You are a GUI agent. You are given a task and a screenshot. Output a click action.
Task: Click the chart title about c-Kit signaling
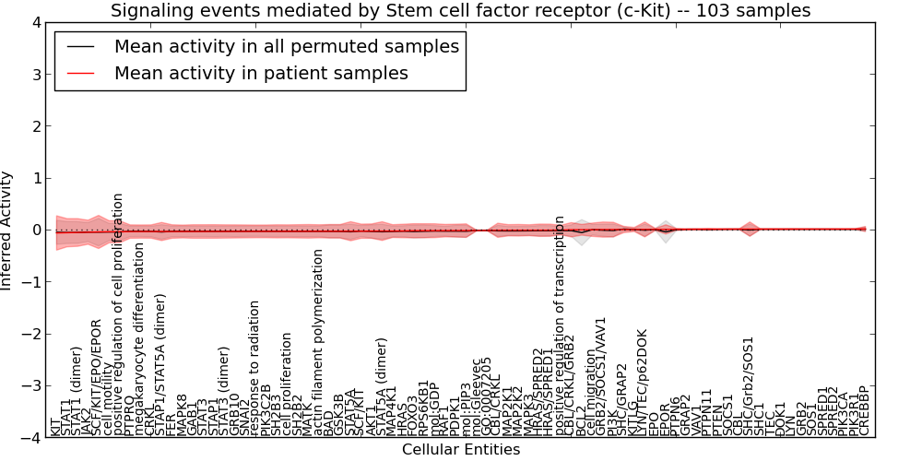click(x=460, y=10)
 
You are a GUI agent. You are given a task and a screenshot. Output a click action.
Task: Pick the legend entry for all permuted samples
click(x=286, y=46)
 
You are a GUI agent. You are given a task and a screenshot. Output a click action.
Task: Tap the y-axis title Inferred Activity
click(x=7, y=230)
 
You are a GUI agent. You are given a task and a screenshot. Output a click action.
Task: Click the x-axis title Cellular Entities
click(x=460, y=450)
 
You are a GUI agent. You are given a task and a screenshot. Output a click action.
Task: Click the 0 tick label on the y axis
click(x=35, y=230)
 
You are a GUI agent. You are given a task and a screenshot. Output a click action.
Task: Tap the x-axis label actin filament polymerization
click(x=319, y=341)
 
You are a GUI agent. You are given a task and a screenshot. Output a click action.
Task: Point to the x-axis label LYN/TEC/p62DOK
click(x=643, y=383)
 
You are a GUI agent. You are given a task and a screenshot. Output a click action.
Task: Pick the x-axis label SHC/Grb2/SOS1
click(x=749, y=386)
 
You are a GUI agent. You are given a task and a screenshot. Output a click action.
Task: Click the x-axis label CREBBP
click(x=864, y=411)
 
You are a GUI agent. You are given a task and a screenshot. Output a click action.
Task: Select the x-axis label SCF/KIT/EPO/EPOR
click(x=97, y=377)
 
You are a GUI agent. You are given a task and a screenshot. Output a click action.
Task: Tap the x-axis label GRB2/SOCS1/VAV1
click(x=601, y=376)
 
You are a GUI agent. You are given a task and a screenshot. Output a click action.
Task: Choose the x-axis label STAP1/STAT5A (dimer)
click(x=160, y=364)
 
